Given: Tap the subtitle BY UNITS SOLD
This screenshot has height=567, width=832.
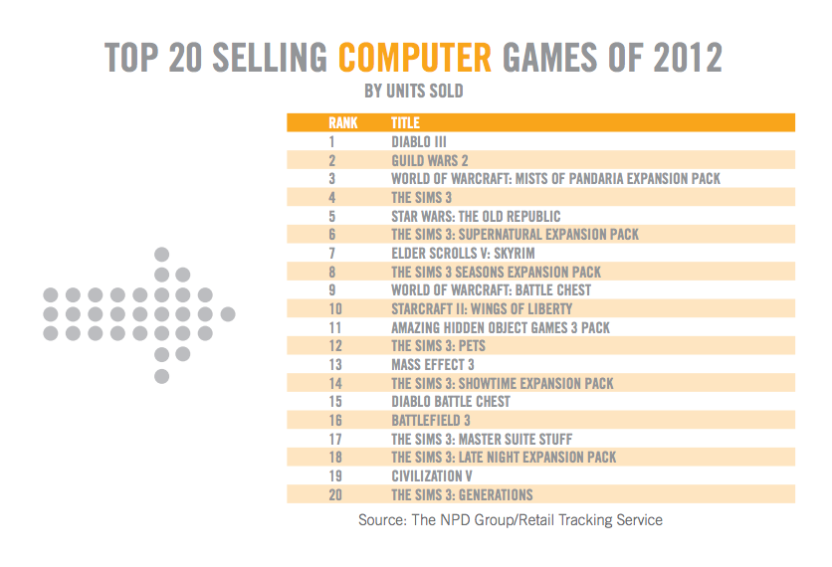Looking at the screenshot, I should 415,93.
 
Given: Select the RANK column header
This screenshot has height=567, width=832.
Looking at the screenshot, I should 343,123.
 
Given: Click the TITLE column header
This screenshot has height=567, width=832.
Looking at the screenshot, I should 405,123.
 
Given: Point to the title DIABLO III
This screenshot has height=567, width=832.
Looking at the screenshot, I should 419,142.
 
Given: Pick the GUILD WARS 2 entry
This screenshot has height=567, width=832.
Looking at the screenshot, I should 429,160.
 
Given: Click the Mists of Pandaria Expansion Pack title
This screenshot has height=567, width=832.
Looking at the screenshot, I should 555,179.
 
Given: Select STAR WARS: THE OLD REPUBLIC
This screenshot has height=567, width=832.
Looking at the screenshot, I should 476,216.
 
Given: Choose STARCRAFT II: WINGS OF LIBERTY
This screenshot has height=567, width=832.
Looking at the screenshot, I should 482,308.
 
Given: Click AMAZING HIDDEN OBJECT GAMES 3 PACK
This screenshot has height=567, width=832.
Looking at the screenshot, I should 501,327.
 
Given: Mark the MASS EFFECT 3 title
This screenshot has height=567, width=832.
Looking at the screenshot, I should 433,365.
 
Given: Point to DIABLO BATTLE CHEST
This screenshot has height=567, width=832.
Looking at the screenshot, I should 451,402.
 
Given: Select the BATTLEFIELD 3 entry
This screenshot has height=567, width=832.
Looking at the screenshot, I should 431,421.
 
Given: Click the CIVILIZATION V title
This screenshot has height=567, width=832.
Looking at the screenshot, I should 432,476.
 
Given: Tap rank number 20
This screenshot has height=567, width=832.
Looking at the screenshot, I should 334,495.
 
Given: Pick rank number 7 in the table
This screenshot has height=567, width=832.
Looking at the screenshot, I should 332,253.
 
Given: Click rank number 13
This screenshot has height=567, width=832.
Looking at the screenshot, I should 334,365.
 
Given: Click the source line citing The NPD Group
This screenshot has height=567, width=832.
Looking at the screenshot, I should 511,520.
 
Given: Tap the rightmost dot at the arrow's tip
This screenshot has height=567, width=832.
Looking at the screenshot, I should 228,314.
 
